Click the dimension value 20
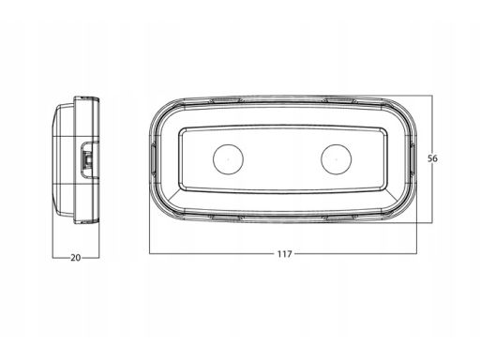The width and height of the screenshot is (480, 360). [x=76, y=258]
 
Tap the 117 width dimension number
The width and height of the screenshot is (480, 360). [x=284, y=254]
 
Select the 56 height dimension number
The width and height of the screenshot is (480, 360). [x=432, y=158]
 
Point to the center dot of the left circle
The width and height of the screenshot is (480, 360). [x=228, y=159]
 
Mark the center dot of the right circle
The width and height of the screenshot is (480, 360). [x=337, y=159]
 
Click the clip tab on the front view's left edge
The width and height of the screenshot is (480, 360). [x=153, y=159]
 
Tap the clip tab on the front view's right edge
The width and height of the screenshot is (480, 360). [x=412, y=159]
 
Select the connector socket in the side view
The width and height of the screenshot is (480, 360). [x=88, y=159]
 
